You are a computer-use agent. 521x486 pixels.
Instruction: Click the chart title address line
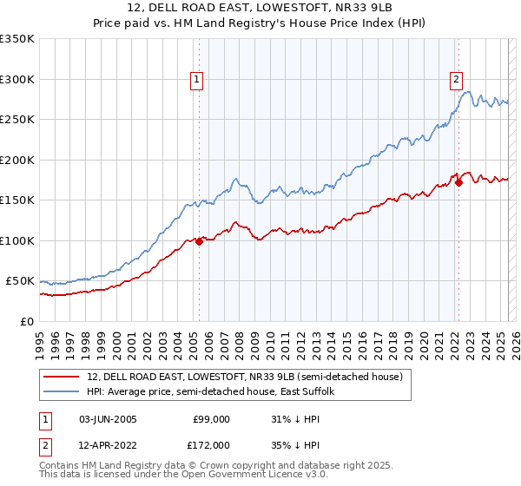tap(260, 10)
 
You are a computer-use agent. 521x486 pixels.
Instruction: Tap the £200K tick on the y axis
tap(16, 160)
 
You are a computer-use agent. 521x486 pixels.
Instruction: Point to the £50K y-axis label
tap(19, 281)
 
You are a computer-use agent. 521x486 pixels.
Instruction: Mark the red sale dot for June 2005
tap(199, 241)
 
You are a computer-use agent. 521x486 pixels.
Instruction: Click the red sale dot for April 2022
tap(458, 183)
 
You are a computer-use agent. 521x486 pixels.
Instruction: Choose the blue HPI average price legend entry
tap(216, 392)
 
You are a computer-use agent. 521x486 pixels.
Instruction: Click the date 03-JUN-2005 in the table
tap(108, 418)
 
